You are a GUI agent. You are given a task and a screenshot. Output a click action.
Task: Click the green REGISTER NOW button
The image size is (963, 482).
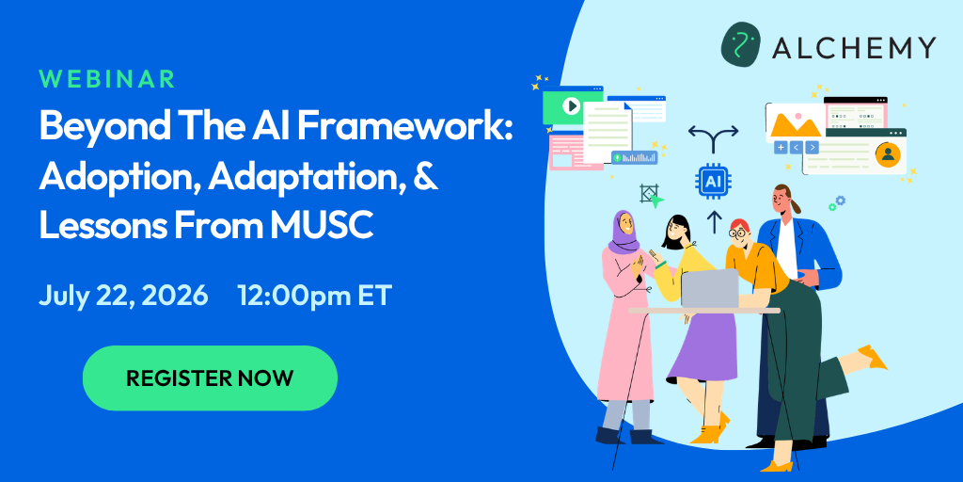click(x=210, y=378)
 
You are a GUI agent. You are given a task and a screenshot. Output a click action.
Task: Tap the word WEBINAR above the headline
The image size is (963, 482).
click(x=107, y=79)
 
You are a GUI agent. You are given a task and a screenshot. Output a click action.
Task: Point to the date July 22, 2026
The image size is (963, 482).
click(x=123, y=296)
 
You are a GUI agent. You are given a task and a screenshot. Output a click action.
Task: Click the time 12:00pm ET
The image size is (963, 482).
click(x=314, y=296)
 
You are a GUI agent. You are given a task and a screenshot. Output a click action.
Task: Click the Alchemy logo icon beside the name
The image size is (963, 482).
click(x=741, y=44)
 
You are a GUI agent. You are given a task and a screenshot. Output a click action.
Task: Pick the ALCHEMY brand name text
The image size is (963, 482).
click(x=854, y=47)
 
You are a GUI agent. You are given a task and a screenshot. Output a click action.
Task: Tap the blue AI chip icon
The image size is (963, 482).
click(x=713, y=181)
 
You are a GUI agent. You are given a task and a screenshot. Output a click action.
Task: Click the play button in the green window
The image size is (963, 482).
click(x=571, y=106)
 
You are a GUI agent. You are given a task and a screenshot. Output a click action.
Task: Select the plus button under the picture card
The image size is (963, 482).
click(x=781, y=148)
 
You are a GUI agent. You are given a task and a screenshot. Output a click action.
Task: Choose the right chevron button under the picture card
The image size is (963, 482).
click(x=812, y=148)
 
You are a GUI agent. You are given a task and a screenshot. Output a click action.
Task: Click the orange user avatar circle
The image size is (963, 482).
click(x=887, y=154)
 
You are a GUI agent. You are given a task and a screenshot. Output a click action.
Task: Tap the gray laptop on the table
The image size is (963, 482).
click(x=710, y=288)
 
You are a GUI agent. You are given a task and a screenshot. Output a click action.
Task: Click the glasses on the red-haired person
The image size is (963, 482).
click(x=737, y=233)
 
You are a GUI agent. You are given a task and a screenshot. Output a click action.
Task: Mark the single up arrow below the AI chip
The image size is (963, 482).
click(x=713, y=222)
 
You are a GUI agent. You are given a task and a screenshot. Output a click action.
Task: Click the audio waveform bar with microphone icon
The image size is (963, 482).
click(x=634, y=157)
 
